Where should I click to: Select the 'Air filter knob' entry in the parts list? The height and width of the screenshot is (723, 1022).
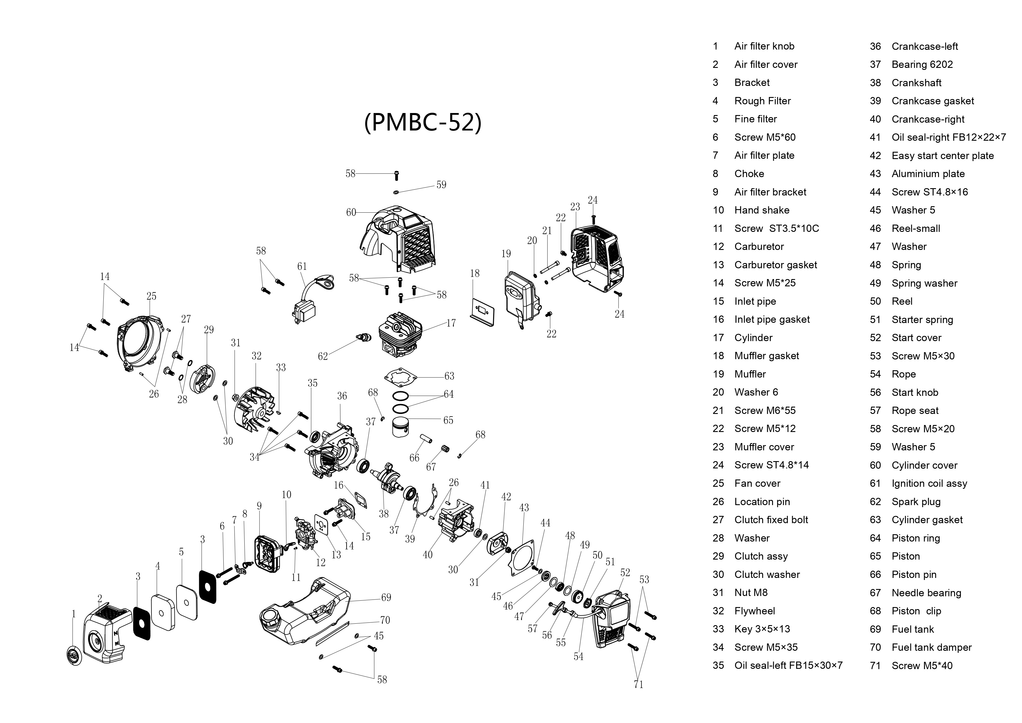click(x=764, y=46)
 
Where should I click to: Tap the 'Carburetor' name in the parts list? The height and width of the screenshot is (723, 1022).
click(x=759, y=247)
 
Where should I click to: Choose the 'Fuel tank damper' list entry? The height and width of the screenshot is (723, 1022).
click(x=931, y=647)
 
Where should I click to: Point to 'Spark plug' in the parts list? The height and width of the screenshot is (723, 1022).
click(x=916, y=502)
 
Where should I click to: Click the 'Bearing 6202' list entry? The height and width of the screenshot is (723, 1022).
click(x=922, y=65)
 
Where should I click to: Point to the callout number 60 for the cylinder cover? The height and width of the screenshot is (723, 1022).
click(x=351, y=212)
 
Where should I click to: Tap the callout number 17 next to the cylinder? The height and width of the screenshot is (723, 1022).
click(x=451, y=323)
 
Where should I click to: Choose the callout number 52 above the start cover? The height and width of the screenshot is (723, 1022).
click(x=625, y=572)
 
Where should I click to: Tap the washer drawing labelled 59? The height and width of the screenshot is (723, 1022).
click(x=396, y=192)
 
